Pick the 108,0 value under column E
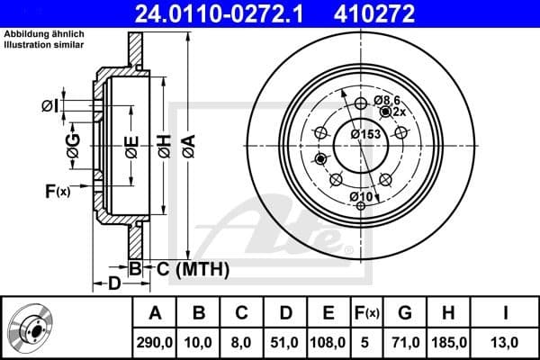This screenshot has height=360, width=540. pos(328,342)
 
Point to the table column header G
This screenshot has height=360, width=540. pos(405,313)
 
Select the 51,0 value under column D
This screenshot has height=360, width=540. pos(285,342)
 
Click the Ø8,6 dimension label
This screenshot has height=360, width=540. pos(389,100)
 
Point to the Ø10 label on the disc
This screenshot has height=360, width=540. pos(361,196)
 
